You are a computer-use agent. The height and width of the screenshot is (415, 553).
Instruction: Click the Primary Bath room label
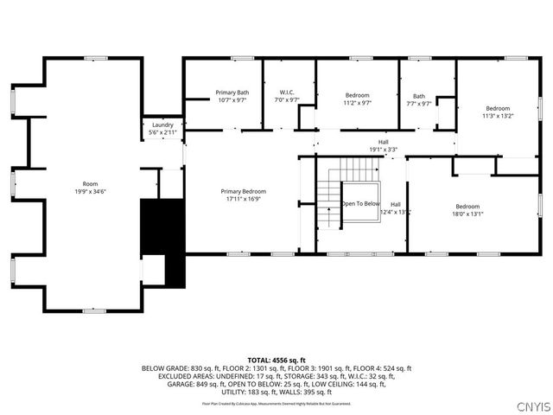pyautogui.click(x=232, y=93)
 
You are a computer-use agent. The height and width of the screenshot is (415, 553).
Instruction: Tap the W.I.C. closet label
pyautogui.click(x=288, y=93)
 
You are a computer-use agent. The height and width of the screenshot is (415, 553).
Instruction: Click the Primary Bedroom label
pyautogui.click(x=243, y=191)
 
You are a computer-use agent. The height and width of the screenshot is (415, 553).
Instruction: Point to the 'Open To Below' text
pyautogui.click(x=360, y=203)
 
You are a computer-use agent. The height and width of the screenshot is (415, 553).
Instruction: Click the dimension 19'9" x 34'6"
pyautogui.click(x=90, y=191)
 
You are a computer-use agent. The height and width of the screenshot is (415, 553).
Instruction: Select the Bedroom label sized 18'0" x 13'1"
pyautogui.click(x=467, y=206)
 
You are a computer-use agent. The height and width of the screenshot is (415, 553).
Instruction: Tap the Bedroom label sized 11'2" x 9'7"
pyautogui.click(x=358, y=95)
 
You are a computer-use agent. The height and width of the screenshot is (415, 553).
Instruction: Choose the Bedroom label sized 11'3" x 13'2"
pyautogui.click(x=498, y=108)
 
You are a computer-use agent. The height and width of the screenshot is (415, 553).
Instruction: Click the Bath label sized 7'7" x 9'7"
pyautogui.click(x=419, y=96)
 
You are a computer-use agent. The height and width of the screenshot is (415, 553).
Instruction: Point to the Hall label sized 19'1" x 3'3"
pyautogui.click(x=383, y=142)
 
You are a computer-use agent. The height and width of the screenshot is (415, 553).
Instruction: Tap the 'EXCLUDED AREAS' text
pyautogui.click(x=185, y=377)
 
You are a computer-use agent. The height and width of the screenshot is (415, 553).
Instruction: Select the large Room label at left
pyautogui.click(x=90, y=184)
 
